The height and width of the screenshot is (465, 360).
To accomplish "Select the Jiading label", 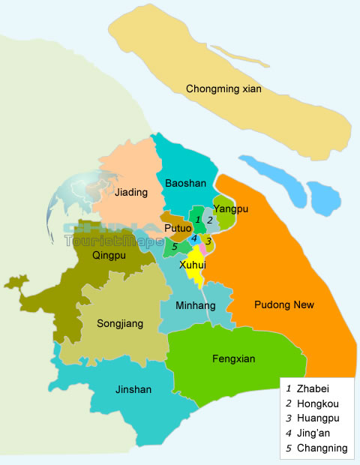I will [131, 193].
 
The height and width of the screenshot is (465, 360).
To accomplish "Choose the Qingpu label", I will [109, 253].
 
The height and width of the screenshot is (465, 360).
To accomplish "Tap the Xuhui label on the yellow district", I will [193, 265].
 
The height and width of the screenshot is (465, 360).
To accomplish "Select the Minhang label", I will [195, 306].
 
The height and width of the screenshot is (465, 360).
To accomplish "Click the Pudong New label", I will [284, 304].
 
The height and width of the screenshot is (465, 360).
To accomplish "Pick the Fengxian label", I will [234, 358].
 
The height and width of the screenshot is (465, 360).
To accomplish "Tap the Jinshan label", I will [133, 389].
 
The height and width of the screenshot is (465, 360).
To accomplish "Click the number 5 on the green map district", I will [174, 246].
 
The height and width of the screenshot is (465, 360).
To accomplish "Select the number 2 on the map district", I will [210, 220].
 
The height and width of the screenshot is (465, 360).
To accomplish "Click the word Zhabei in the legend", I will [313, 389].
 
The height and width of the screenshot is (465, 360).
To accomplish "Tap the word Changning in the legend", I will [322, 448].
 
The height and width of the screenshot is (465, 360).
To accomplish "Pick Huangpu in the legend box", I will [318, 418].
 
